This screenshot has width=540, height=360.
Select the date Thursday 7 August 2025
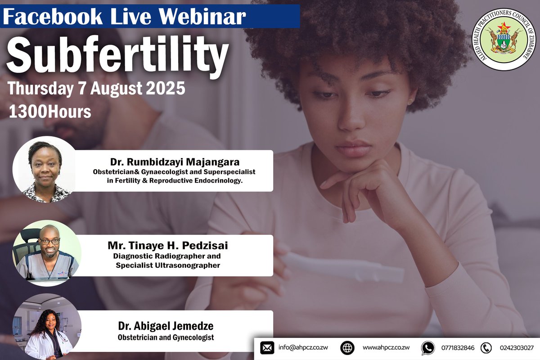(x=96, y=88)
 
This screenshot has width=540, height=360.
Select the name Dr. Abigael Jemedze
(x=166, y=326)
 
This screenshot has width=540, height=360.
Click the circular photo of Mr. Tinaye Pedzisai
(x=47, y=252)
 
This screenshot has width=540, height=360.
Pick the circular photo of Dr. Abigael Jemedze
(x=47, y=327)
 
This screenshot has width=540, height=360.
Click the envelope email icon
(x=267, y=348)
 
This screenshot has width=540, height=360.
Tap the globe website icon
(x=347, y=348)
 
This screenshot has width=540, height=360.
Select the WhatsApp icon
(x=427, y=348)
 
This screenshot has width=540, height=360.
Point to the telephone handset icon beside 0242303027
(x=486, y=348)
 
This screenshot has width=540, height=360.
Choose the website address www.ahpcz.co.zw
(x=386, y=348)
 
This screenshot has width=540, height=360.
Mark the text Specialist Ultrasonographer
(x=168, y=265)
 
